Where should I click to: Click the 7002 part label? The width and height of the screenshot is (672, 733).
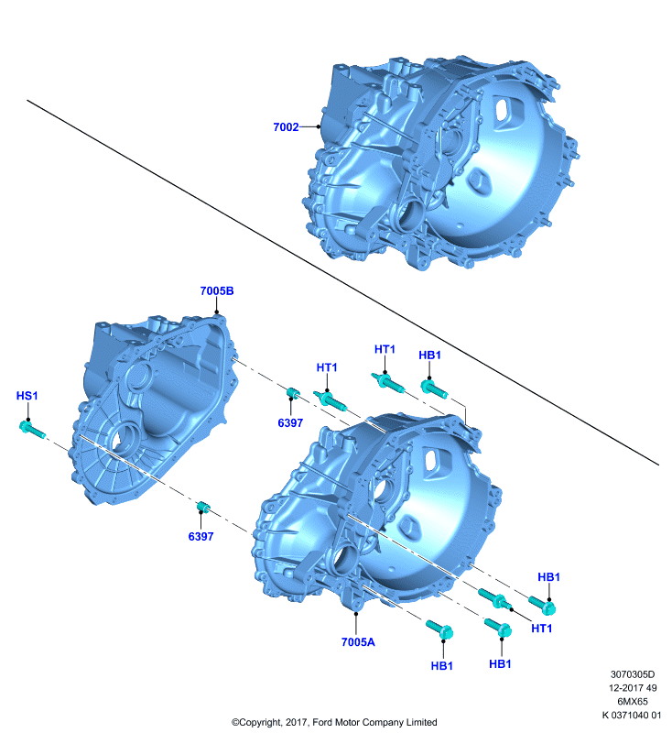pyautogui.click(x=286, y=127)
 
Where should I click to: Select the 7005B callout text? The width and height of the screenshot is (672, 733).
pyautogui.click(x=217, y=290)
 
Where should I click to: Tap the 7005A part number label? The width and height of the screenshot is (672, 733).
pyautogui.click(x=358, y=642)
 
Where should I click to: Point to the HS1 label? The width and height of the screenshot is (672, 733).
pyautogui.click(x=27, y=396)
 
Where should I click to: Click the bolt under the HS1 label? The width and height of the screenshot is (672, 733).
pyautogui.click(x=32, y=430)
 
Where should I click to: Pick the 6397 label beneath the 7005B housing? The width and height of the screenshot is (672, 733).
pyautogui.click(x=201, y=536)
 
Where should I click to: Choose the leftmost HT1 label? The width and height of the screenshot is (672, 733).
pyautogui.click(x=327, y=367)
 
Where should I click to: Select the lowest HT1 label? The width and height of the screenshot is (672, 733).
pyautogui.click(x=542, y=629)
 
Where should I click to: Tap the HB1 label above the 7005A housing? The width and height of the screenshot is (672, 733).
pyautogui.click(x=429, y=355)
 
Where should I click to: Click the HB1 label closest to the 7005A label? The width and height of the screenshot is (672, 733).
pyautogui.click(x=442, y=666)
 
